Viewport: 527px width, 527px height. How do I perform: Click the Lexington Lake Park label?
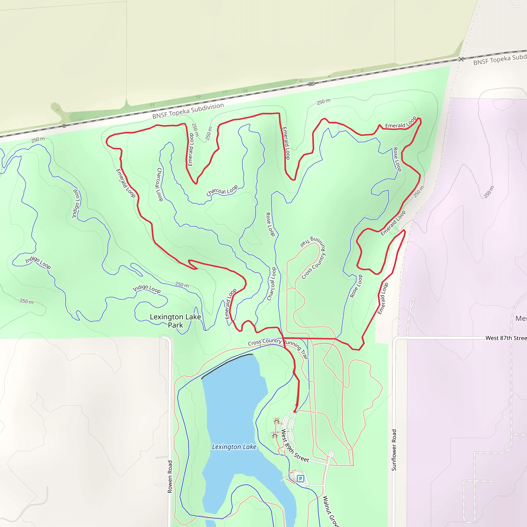[175, 321]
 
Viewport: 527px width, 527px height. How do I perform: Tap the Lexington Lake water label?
[234, 447]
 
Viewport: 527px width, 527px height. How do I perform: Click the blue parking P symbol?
[300, 478]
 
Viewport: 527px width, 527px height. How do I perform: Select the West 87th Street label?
[506, 338]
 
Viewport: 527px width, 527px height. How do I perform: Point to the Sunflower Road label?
[394, 450]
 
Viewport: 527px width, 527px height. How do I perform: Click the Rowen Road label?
[170, 477]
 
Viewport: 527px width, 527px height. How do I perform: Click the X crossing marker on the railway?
[461, 59]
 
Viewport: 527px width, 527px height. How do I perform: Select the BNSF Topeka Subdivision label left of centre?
[188, 111]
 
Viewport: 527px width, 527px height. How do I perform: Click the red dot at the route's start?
[295, 412]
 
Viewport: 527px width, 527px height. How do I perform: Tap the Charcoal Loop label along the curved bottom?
[222, 190]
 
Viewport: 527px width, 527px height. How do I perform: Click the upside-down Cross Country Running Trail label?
[314, 258]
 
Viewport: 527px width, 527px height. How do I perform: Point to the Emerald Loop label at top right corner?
[400, 122]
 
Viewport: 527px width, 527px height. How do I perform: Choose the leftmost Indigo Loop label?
[38, 262]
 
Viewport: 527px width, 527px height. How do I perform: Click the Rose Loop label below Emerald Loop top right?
[397, 159]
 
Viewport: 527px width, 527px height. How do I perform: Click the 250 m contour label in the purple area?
[489, 192]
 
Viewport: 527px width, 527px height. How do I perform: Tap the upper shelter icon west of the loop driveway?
[277, 422]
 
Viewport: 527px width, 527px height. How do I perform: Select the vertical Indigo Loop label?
[76, 204]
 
